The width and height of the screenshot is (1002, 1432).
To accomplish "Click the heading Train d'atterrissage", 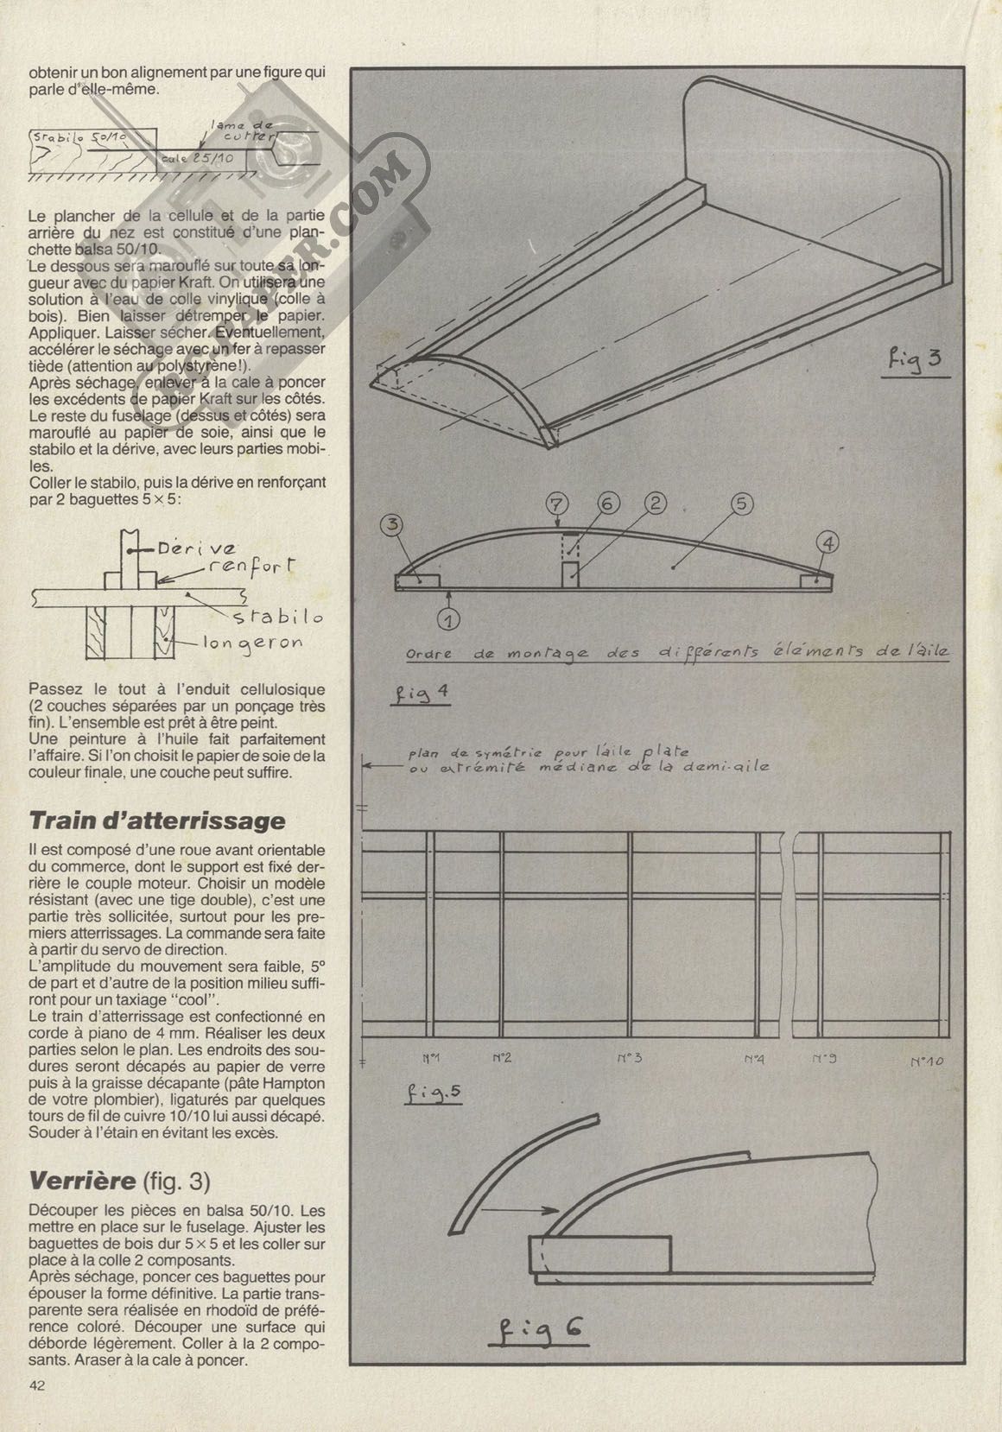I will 157,820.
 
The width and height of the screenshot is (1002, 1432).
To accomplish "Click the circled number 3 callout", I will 393,525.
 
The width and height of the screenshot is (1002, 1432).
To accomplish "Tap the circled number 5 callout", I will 741,504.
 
